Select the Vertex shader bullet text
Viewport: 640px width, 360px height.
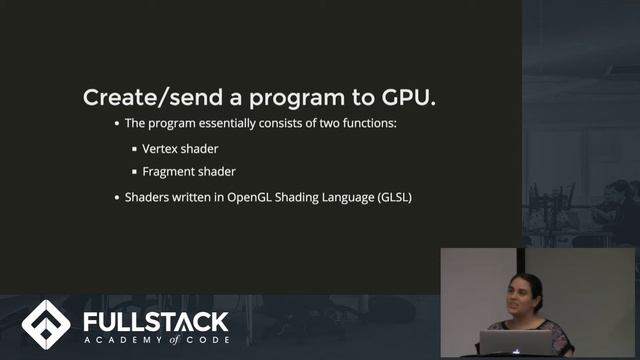(180, 148)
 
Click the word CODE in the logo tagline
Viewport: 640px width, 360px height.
(209, 341)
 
